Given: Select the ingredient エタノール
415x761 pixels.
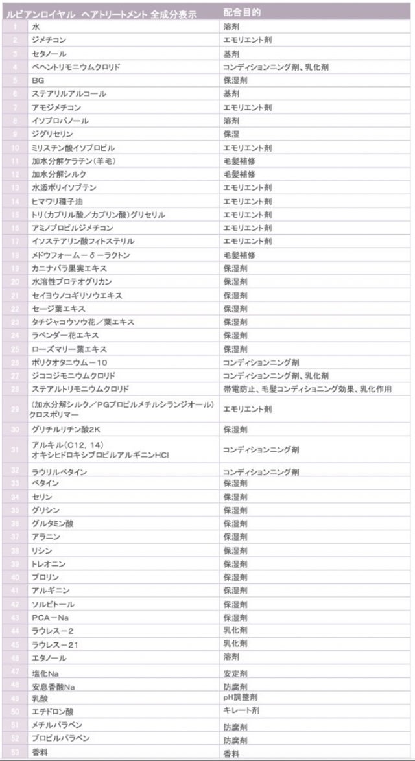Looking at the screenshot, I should (49, 658).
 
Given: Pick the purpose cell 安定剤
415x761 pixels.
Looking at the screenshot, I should (235, 673).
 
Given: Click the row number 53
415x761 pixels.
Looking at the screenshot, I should (14, 752).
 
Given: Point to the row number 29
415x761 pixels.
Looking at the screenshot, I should (14, 409).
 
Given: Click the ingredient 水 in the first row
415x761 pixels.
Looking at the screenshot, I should (35, 27).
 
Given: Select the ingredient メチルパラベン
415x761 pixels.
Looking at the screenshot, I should (57, 725).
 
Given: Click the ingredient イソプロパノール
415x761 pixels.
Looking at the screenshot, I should (60, 121).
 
